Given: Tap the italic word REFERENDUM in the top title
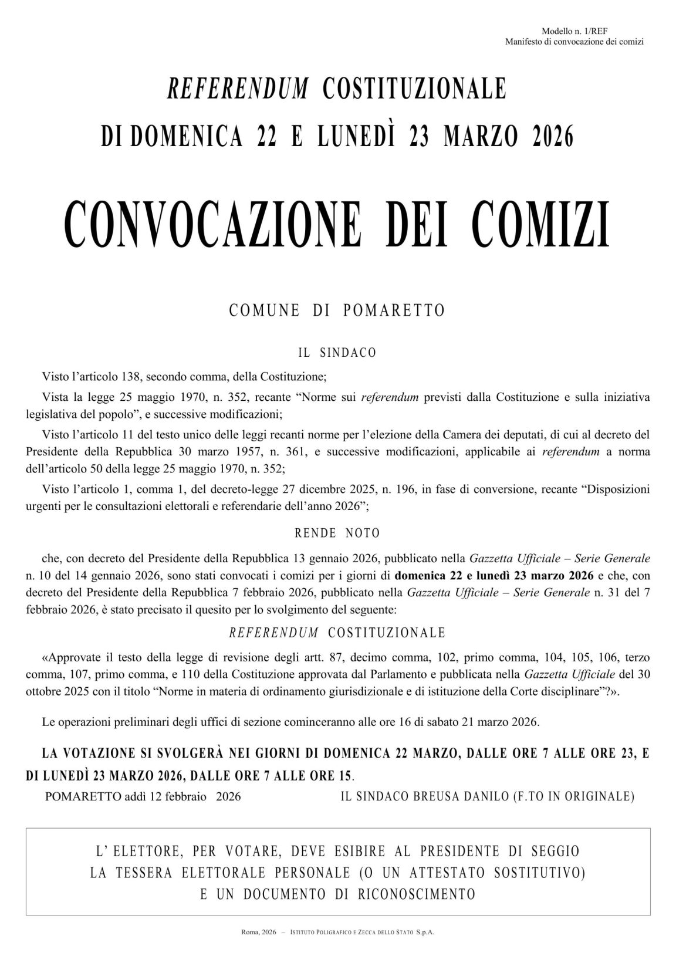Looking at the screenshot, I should (x=238, y=89).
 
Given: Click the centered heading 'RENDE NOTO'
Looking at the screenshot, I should (x=337, y=533).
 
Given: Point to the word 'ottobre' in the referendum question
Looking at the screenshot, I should (x=44, y=692).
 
